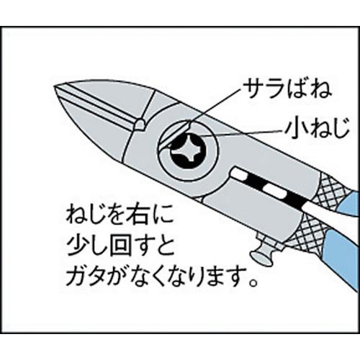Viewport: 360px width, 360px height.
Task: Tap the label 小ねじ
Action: click(317, 131)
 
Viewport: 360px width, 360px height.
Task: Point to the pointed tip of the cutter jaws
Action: click(55, 86)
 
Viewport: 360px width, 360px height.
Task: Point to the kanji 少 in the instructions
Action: click(77, 246)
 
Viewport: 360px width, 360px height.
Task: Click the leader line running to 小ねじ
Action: click(240, 133)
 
